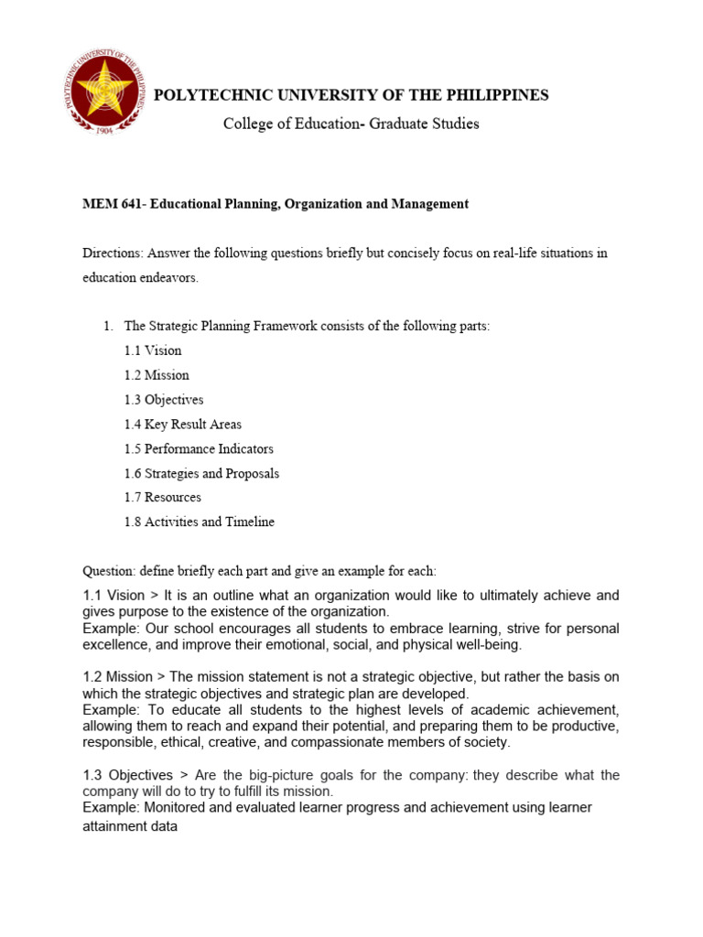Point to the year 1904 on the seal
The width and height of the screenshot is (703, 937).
pyautogui.click(x=103, y=130)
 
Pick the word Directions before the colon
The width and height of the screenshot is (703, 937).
pyautogui.click(x=112, y=253)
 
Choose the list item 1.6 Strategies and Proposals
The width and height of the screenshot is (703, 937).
pyautogui.click(x=201, y=474)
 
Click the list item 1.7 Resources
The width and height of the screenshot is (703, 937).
pyautogui.click(x=163, y=498)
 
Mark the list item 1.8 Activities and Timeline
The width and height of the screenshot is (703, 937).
pyautogui.click(x=199, y=522)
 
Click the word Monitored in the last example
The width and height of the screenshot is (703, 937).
pyautogui.click(x=171, y=807)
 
